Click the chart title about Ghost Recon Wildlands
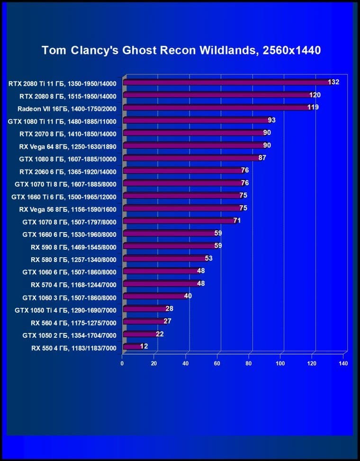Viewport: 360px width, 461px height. click(181, 50)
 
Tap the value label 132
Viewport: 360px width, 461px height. click(333, 82)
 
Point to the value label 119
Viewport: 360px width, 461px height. click(313, 108)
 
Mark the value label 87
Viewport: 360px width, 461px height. click(262, 158)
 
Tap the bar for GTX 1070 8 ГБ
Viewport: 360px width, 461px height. click(178, 221)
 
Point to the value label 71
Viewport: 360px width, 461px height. click(237, 220)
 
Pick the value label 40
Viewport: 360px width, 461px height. click(188, 296)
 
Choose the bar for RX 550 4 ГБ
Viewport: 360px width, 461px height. click(131, 347)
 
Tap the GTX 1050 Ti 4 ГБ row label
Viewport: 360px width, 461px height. click(65, 309)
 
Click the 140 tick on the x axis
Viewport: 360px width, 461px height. click(343, 363)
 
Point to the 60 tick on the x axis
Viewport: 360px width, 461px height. click(217, 363)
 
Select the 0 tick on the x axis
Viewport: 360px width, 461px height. click(122, 363)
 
